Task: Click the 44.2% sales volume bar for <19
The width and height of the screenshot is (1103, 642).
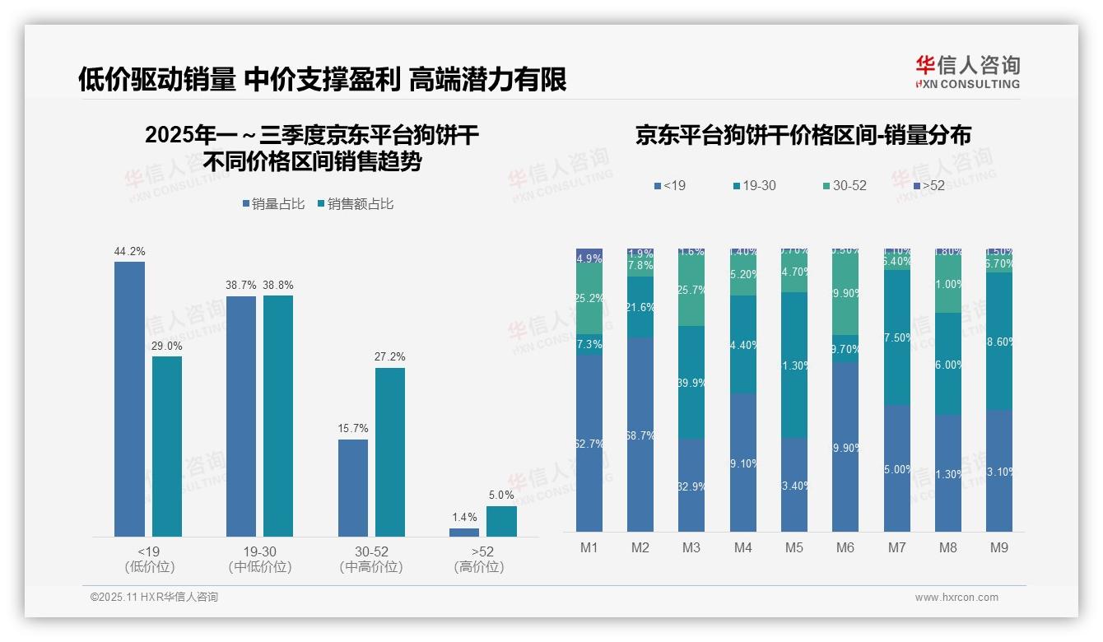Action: (129, 399)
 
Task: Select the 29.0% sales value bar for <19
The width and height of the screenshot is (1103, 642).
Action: (167, 446)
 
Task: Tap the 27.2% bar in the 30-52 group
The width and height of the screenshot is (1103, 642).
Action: (390, 452)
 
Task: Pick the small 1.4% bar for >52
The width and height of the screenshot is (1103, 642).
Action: (464, 533)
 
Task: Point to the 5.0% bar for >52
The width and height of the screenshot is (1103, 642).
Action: (501, 521)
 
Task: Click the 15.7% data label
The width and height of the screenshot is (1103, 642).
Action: (353, 429)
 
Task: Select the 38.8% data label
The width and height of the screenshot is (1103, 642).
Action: (277, 285)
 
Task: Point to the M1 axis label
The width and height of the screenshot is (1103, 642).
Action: (589, 547)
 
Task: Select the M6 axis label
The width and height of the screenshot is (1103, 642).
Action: (845, 547)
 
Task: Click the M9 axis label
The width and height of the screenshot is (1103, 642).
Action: (998, 547)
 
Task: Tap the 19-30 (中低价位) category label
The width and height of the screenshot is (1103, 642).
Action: (260, 559)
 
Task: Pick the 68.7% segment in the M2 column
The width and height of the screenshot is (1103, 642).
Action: (640, 435)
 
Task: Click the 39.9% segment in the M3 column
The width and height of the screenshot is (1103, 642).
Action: (691, 382)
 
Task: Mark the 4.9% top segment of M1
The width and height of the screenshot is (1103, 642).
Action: (589, 258)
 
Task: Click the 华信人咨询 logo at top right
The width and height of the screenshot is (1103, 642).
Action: (967, 72)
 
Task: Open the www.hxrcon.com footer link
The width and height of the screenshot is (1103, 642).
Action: (956, 598)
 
